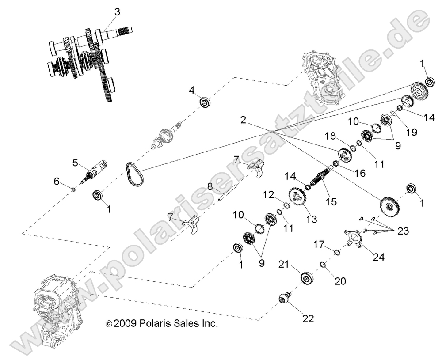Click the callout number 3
coord(117,12)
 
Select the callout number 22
coord(308,318)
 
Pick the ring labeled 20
coord(323,265)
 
